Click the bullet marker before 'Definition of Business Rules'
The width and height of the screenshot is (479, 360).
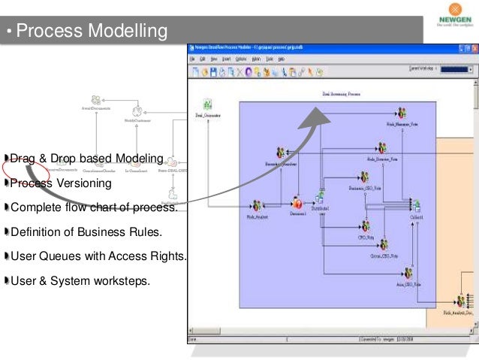tap(6, 232)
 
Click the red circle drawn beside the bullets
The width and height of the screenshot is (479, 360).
tap(17, 168)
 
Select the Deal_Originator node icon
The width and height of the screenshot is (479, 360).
tap(206, 104)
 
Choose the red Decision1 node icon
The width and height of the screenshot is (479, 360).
tap(298, 203)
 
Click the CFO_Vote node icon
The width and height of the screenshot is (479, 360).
tap(366, 226)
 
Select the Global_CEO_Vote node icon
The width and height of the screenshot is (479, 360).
tap(382, 245)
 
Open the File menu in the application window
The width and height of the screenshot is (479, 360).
tap(192, 59)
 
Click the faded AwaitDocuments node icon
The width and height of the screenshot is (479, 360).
tap(96, 100)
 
